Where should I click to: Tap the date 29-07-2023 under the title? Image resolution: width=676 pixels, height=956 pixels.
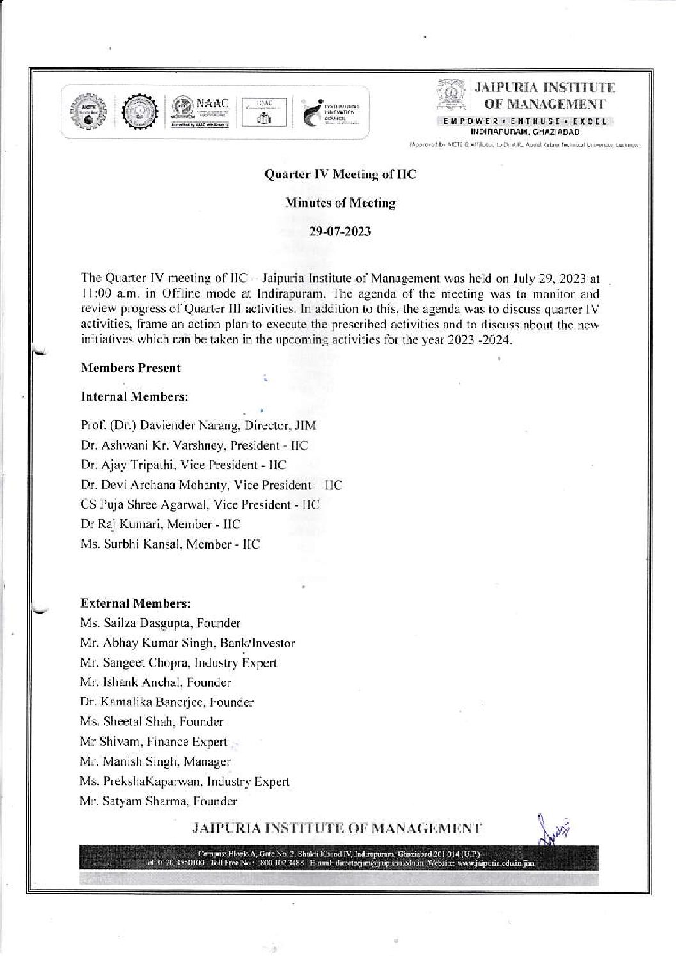[x=340, y=232]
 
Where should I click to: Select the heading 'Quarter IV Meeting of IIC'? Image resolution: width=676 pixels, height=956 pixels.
[x=340, y=173]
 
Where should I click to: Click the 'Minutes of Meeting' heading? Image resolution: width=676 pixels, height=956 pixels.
[x=340, y=203]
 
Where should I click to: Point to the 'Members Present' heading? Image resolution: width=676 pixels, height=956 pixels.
[x=130, y=368]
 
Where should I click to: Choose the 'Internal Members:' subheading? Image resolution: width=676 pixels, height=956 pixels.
[x=134, y=397]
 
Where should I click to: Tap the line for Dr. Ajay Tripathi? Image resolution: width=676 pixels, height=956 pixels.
[x=183, y=465]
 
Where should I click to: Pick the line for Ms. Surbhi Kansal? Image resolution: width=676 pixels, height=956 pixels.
[x=170, y=544]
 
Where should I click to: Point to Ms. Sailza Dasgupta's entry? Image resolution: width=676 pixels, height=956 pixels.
[x=161, y=622]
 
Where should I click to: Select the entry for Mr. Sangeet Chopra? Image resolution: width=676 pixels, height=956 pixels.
[x=178, y=663]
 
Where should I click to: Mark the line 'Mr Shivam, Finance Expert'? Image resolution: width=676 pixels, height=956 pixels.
[x=153, y=742]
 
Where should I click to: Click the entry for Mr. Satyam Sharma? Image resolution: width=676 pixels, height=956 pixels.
[x=159, y=801]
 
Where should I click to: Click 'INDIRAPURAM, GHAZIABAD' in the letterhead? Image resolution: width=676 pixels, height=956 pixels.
[x=524, y=132]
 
